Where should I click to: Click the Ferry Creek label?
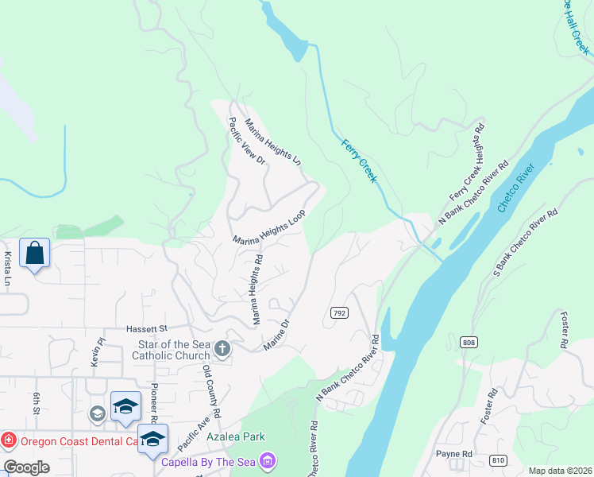(x=359, y=161)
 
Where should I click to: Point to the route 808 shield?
(x=468, y=342)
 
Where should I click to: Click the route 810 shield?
(x=498, y=460)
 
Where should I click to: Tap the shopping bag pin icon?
(x=34, y=254)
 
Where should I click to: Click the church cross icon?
(x=222, y=349)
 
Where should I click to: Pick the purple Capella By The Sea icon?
(x=268, y=461)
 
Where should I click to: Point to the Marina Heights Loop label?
(x=269, y=229)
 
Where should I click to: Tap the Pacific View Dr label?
(x=246, y=141)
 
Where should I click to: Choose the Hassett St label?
(x=147, y=328)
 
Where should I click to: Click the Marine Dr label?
(x=279, y=333)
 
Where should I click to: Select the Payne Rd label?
(x=454, y=454)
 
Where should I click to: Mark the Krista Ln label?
(x=7, y=270)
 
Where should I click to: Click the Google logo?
(x=26, y=467)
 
